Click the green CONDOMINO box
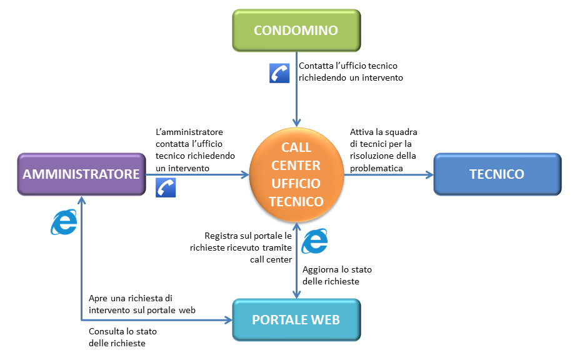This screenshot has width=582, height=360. click(x=296, y=30)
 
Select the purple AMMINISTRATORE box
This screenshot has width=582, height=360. click(x=81, y=174)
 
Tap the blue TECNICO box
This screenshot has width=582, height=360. click(x=497, y=174)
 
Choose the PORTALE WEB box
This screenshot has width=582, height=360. click(x=296, y=320)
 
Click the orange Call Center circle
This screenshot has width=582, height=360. click(x=296, y=174)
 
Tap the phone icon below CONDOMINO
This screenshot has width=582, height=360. click(x=279, y=73)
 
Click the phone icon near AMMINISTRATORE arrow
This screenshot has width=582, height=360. click(x=166, y=187)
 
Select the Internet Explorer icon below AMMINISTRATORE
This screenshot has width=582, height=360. click(x=64, y=222)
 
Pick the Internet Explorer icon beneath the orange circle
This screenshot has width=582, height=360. click(x=314, y=241)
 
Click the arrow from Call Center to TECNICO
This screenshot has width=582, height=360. click(x=388, y=174)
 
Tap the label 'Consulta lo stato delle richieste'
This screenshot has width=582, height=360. click(x=123, y=337)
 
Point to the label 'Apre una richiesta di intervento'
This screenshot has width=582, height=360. click(x=142, y=304)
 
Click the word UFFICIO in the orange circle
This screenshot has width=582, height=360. click(x=296, y=183)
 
